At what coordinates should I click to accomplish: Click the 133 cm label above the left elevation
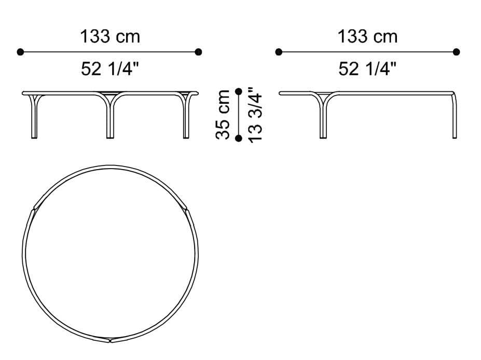pos(109,37)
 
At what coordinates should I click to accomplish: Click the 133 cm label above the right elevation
pos(367,37)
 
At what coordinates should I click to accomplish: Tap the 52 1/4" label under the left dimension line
pos(109,69)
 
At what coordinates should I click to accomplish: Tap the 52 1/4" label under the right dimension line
pos(367,69)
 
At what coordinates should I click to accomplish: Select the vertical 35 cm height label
pos(223,115)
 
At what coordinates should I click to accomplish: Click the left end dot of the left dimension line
pos(20,52)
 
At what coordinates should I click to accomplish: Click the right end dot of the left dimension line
pos(198,52)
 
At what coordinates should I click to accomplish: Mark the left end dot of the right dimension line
pos(279,52)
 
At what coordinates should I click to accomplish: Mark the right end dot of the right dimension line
pos(457,52)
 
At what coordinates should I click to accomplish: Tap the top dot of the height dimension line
pos(239,91)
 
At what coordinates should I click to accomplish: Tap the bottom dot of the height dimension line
pos(239,138)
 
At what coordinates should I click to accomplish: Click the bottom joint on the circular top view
pos(110,340)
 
